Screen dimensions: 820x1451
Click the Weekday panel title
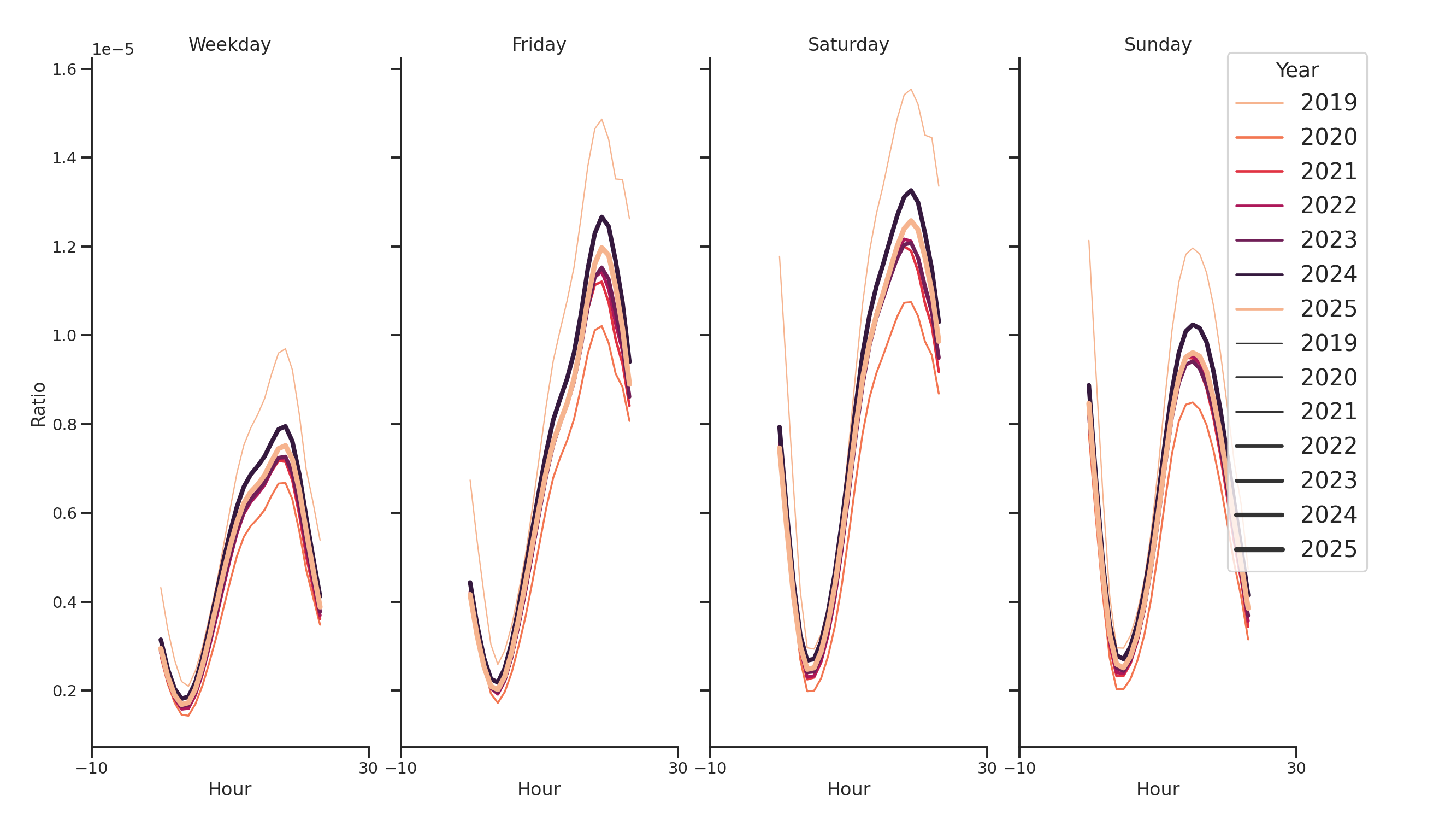click(x=229, y=44)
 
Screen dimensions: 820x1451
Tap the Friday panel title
click(x=539, y=44)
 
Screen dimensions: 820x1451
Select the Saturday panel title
click(x=848, y=44)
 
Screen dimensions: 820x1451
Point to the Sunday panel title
click(x=1157, y=44)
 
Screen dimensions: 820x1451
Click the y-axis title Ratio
click(x=38, y=404)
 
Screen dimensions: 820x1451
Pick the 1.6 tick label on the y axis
click(x=64, y=69)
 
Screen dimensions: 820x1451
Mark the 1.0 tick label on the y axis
click(x=64, y=336)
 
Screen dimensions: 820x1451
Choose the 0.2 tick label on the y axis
click(x=64, y=691)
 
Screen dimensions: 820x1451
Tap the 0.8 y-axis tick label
click(x=64, y=425)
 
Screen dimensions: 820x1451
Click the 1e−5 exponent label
click(x=113, y=50)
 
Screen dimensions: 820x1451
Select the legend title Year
click(x=1296, y=71)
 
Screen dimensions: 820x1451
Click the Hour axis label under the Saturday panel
click(x=848, y=789)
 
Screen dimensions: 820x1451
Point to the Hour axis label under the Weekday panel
click(x=229, y=789)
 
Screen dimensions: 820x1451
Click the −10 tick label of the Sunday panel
click(x=1019, y=768)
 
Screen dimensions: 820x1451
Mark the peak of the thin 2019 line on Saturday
click(x=910, y=89)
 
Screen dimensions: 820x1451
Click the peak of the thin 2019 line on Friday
click(x=601, y=120)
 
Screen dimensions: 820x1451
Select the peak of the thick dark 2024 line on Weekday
click(x=285, y=426)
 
